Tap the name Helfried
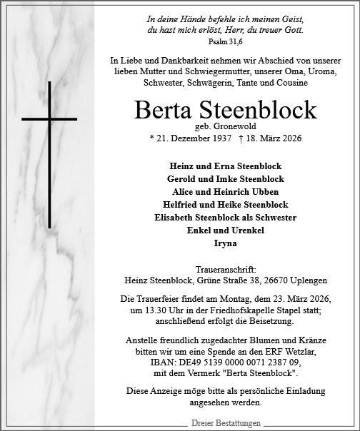pyautogui.click(x=175, y=204)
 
